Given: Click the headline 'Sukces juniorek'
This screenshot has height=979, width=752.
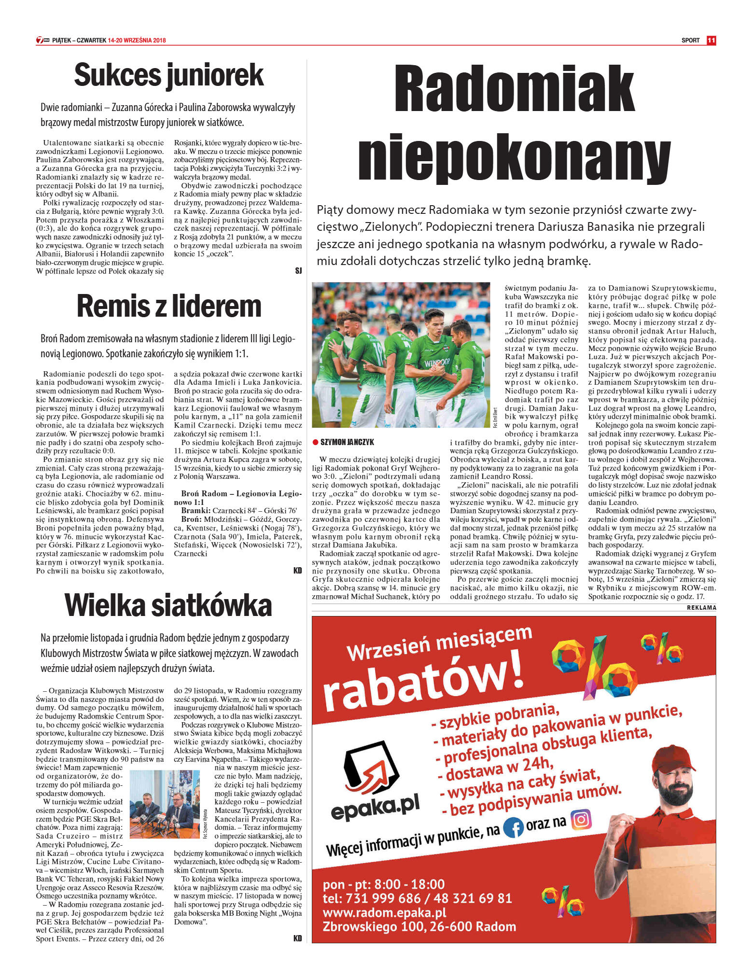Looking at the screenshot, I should (x=169, y=75).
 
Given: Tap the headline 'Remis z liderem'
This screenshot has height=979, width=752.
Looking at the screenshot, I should (x=169, y=307).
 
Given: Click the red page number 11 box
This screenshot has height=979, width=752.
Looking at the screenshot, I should (x=711, y=41).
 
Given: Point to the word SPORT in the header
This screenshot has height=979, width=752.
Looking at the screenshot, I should (x=690, y=41).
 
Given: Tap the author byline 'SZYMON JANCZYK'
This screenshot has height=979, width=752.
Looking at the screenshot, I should (x=347, y=442).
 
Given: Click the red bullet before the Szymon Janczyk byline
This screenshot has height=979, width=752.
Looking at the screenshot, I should (x=315, y=442).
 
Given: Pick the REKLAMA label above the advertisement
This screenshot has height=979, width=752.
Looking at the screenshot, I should (x=701, y=607).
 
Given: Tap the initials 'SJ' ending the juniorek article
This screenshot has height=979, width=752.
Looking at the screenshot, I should (x=298, y=271).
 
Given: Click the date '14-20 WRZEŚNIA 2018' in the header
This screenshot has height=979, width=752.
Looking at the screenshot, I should (x=137, y=41).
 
